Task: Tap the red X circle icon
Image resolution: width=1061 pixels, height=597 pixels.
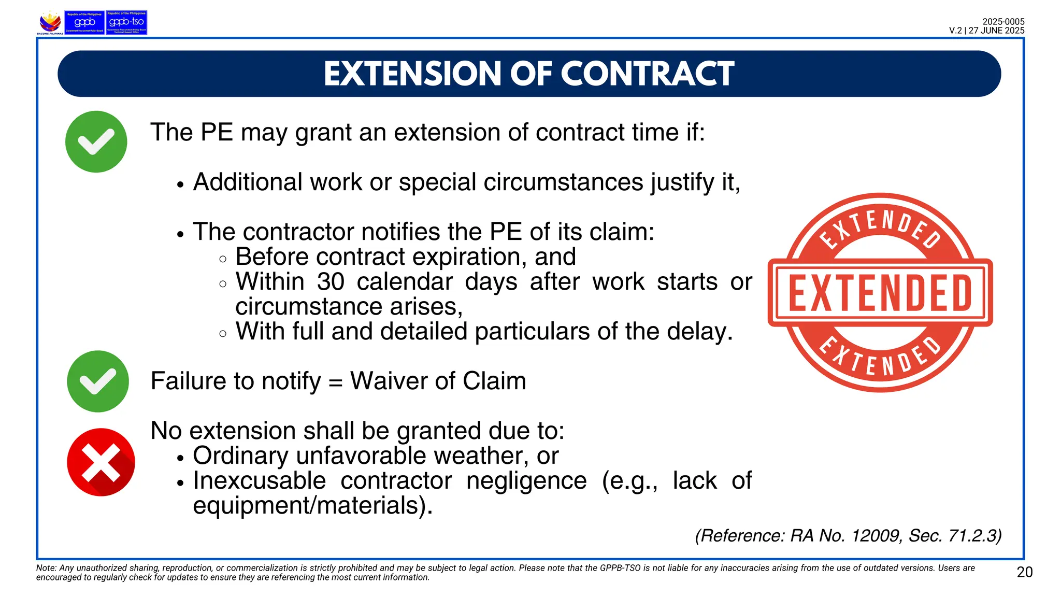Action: pos(101,462)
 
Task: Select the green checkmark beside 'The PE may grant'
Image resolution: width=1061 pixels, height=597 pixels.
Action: pos(96,141)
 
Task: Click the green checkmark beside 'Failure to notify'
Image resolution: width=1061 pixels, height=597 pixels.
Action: pos(98,381)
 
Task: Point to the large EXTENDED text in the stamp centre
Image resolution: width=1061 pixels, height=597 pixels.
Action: pos(880,293)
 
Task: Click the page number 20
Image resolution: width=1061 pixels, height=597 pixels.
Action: pos(1025,572)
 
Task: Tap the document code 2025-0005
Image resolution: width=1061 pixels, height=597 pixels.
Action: pos(1003,22)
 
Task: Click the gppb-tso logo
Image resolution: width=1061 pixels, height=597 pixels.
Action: pos(126,23)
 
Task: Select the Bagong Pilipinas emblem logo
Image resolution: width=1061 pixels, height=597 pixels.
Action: pos(50,23)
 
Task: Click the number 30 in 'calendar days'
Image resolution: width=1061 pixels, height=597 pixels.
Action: pos(331,282)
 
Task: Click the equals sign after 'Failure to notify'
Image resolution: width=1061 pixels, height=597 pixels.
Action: pos(336,382)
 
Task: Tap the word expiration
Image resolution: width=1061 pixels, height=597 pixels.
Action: pos(466,257)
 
